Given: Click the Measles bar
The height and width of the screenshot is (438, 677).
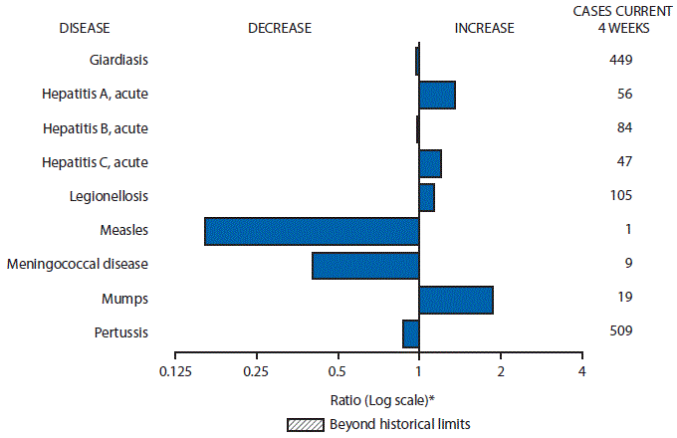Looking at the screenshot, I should [312, 231].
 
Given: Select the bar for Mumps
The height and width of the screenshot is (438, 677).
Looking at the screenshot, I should [456, 300].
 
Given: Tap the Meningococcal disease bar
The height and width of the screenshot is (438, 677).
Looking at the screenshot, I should [365, 266].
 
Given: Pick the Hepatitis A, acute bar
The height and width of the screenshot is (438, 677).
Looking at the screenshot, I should [437, 96].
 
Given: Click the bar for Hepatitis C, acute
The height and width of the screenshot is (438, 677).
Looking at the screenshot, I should [430, 163].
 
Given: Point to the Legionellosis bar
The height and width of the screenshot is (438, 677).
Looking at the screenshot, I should [426, 197].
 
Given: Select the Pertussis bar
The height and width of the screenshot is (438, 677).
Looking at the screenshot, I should [410, 333].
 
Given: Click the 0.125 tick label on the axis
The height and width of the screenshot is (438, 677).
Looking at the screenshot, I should [175, 371].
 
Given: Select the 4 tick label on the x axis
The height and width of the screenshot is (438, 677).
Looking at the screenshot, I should [581, 371].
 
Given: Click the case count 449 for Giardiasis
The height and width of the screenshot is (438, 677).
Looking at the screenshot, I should [621, 60].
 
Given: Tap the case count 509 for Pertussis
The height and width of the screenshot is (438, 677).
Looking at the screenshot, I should [621, 331].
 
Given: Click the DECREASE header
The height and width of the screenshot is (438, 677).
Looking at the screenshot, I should [280, 28].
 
